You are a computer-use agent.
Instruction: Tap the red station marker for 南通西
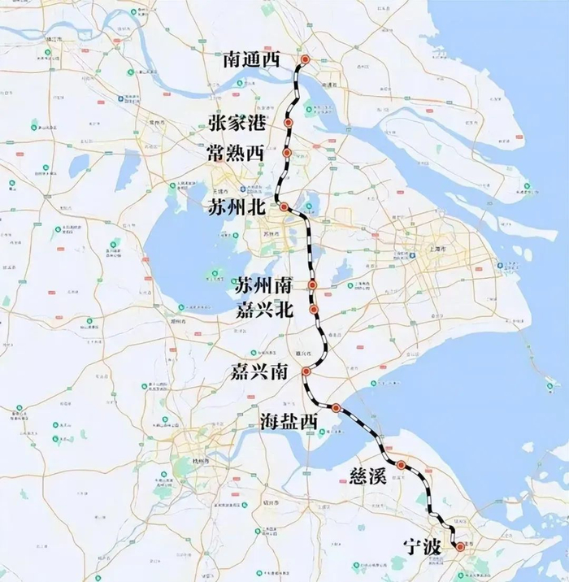click(305, 59)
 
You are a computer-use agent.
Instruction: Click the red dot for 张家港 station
click(289, 123)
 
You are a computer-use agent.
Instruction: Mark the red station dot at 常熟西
click(287, 153)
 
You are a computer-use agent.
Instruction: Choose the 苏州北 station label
click(237, 207)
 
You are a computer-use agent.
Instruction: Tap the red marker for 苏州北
click(284, 207)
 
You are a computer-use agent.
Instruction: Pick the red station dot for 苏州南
click(313, 285)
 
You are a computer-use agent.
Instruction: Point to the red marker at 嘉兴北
click(314, 310)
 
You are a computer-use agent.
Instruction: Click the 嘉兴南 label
click(258, 372)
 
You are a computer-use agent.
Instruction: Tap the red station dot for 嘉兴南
click(306, 371)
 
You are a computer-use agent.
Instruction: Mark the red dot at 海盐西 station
click(336, 407)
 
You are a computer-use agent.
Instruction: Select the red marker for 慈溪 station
click(402, 465)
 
